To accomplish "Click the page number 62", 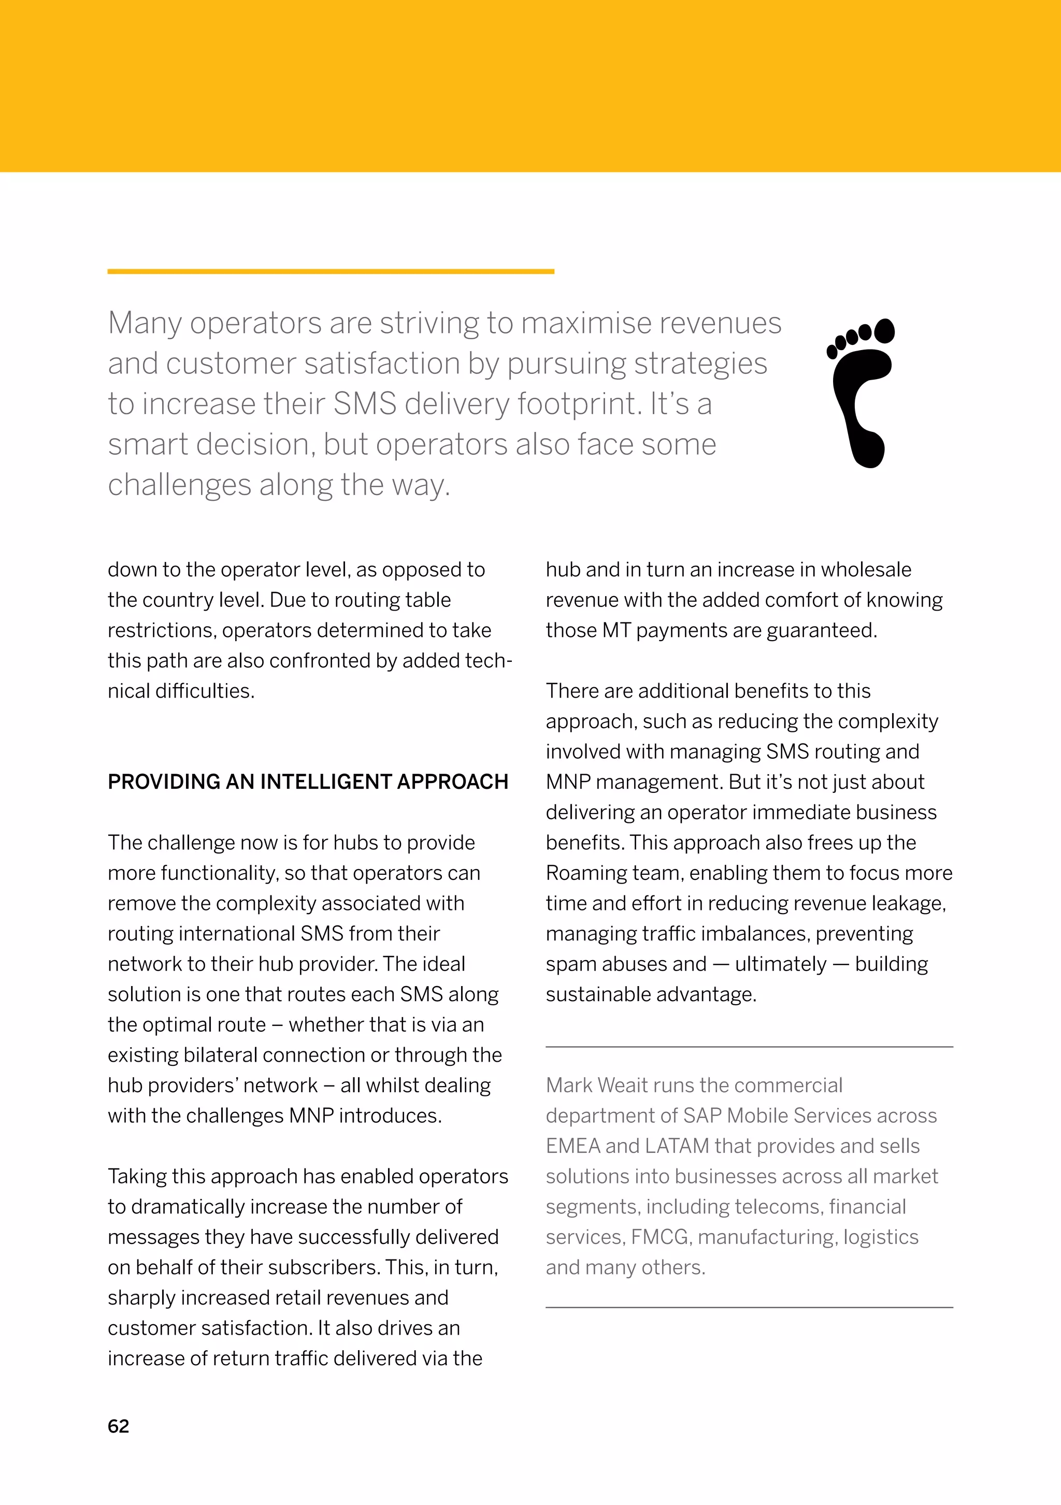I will pos(118,1426).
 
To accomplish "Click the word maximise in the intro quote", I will pos(577,323).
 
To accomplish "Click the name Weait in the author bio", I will pos(622,1086).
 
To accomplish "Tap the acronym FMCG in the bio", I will pos(659,1237).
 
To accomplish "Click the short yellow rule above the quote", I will pos(331,271).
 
